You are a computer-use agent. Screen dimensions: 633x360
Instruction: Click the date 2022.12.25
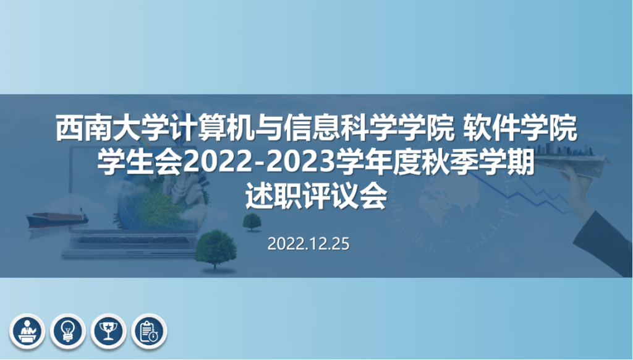[308, 244]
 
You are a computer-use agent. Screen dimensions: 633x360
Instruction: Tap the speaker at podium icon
[27, 332]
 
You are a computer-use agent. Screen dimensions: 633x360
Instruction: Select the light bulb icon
[68, 332]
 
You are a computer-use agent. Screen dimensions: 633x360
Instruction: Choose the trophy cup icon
[108, 332]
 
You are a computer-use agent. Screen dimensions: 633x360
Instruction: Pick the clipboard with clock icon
[149, 332]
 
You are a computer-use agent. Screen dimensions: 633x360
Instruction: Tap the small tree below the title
[252, 222]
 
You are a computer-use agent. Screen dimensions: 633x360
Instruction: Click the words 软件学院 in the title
[520, 129]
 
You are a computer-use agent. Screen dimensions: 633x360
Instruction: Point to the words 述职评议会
[316, 197]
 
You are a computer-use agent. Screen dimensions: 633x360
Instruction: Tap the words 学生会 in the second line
[140, 163]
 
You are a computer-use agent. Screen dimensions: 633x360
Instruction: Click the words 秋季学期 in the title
[478, 163]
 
